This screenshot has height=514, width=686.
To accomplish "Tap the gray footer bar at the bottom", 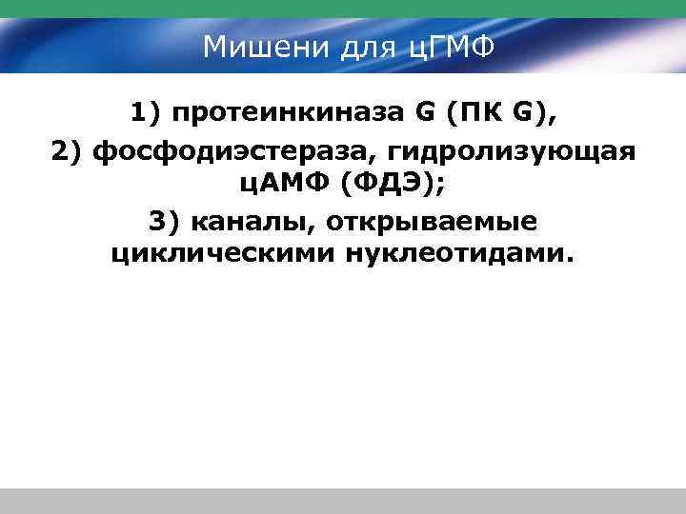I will point(343,501).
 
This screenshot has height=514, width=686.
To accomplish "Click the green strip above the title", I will point(343,9).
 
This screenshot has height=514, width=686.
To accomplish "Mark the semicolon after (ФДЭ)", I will point(439,187).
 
